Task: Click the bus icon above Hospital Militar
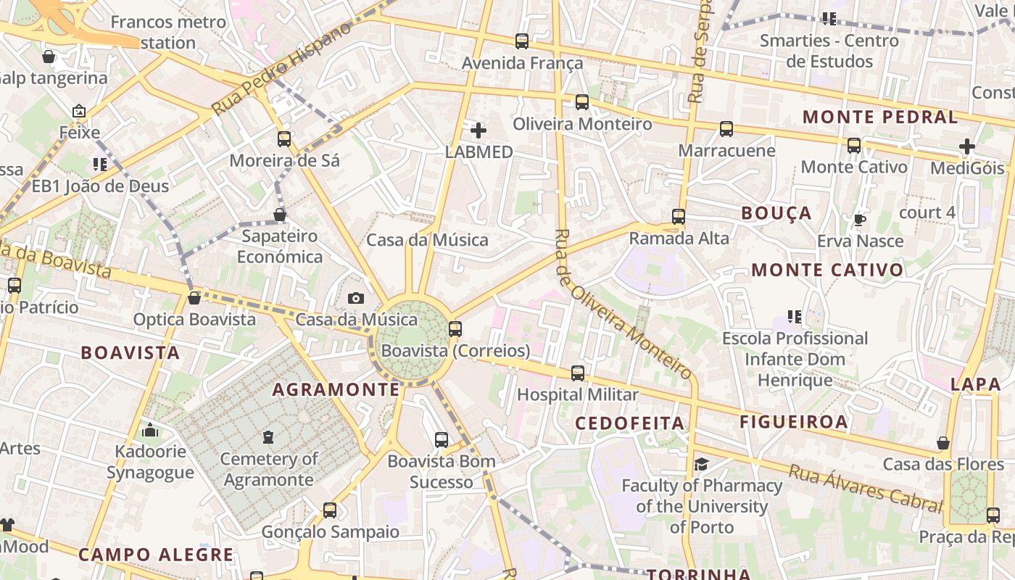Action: tap(577, 373)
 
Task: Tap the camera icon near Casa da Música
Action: tap(355, 298)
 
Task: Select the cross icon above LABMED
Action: tap(478, 130)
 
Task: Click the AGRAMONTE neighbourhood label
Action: tap(336, 390)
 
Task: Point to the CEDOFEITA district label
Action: tap(629, 423)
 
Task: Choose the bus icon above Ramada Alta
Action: tap(679, 216)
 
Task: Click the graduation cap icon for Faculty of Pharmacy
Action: tap(701, 464)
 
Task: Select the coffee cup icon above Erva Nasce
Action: tap(860, 220)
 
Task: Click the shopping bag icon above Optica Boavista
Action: tap(194, 298)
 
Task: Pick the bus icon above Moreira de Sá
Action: tap(284, 138)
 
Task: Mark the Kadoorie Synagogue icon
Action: tap(150, 431)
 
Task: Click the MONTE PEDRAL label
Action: tap(880, 117)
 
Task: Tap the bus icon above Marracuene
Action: tap(726, 129)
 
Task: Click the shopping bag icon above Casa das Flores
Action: tap(943, 442)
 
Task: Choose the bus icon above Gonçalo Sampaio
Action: tap(330, 510)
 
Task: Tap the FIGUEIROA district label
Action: tap(793, 422)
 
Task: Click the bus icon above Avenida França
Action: tap(522, 41)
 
